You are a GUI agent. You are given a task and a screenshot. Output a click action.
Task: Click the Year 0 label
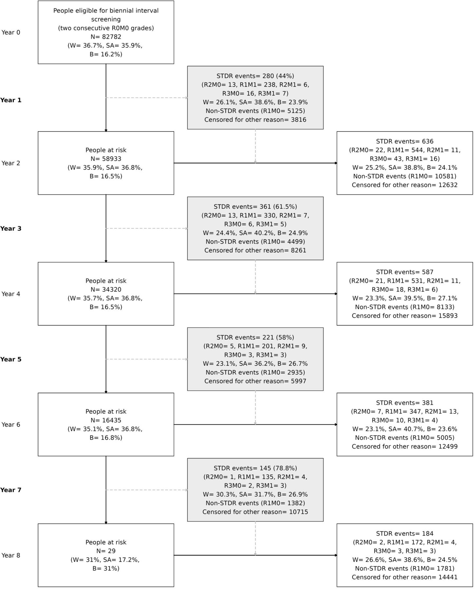[11, 32]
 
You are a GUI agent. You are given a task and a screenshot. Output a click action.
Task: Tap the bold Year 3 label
[11, 228]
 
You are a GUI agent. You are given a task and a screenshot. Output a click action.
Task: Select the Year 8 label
[11, 555]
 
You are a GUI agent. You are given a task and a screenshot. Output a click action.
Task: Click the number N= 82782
[106, 37]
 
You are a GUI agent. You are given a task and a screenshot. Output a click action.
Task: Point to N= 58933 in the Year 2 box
[106, 159]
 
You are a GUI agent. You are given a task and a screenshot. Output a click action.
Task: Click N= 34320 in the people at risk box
[106, 290]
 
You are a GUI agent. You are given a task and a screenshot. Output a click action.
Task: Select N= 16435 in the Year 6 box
[106, 420]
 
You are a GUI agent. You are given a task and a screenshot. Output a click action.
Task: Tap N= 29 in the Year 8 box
[106, 551]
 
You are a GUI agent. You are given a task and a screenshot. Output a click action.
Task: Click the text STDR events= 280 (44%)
[255, 76]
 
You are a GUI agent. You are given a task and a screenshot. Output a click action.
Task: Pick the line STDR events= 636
[405, 141]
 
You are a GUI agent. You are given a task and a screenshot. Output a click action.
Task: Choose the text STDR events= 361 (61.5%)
[255, 207]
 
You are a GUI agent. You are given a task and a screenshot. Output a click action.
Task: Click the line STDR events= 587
[405, 272]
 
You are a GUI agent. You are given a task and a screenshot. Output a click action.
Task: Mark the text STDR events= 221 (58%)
[255, 337]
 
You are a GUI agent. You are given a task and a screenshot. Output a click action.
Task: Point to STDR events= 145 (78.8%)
[255, 468]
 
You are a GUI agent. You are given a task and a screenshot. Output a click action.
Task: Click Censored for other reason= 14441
[405, 577]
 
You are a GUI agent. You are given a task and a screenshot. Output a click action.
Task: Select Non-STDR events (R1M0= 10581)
[405, 176]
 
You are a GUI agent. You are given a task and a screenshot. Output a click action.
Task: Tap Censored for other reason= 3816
[255, 120]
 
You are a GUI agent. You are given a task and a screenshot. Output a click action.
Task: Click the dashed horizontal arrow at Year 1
[147, 98]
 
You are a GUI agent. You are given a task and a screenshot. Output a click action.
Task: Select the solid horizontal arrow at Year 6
[256, 424]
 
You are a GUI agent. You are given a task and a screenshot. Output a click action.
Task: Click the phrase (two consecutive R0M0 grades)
[106, 28]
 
